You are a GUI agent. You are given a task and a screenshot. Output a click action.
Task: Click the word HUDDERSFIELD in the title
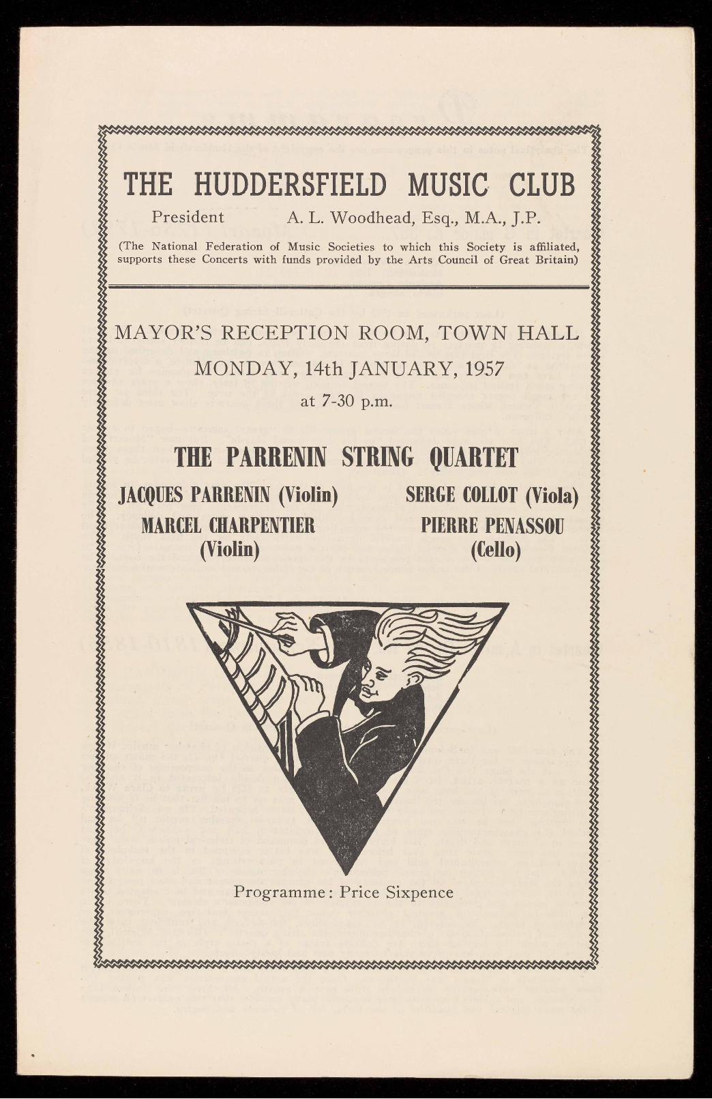[x=289, y=184]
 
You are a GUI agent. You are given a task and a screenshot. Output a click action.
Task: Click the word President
[x=188, y=218]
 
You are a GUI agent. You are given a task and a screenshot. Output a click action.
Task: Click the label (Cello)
[x=496, y=549]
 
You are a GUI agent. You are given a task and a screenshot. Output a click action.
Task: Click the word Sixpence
[x=417, y=892]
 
